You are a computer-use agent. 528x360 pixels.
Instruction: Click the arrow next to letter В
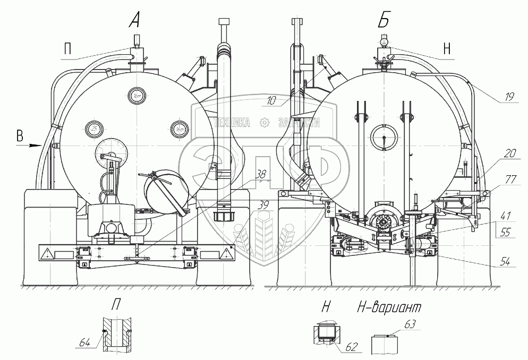tap(35, 144)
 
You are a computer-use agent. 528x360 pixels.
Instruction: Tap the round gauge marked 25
tap(95, 128)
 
